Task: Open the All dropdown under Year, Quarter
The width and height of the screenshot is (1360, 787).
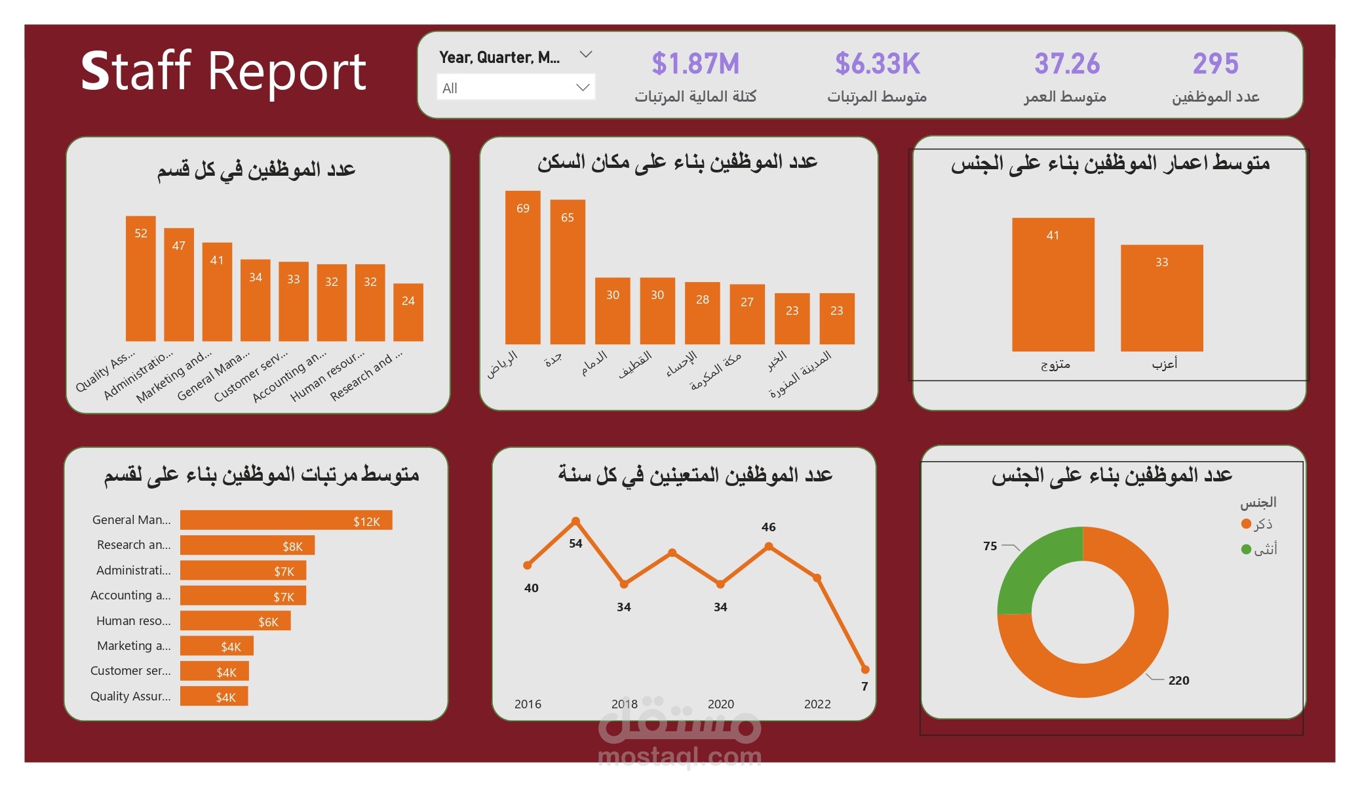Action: [515, 88]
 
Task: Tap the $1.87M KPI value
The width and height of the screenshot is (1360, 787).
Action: [695, 64]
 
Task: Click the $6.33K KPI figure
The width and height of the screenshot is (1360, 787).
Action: [877, 64]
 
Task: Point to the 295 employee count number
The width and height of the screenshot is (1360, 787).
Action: [1215, 64]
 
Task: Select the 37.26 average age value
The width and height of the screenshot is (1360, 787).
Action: [1066, 64]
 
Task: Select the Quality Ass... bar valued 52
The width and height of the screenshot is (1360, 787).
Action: [141, 282]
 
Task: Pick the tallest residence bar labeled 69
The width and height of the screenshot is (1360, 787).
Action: [522, 269]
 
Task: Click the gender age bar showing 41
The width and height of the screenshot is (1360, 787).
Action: [1053, 285]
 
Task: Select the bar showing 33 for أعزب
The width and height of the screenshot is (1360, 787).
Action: [1161, 298]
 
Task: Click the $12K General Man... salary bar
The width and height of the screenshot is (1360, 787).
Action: [286, 520]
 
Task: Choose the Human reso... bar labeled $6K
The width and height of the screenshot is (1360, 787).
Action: [235, 620]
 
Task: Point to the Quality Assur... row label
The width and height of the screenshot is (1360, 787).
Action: [130, 696]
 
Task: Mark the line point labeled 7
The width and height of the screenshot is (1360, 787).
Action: [865, 670]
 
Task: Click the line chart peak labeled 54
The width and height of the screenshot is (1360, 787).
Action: [575, 521]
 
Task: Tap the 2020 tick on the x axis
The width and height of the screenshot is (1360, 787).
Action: [720, 704]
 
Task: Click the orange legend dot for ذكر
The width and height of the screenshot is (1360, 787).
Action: [1246, 524]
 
